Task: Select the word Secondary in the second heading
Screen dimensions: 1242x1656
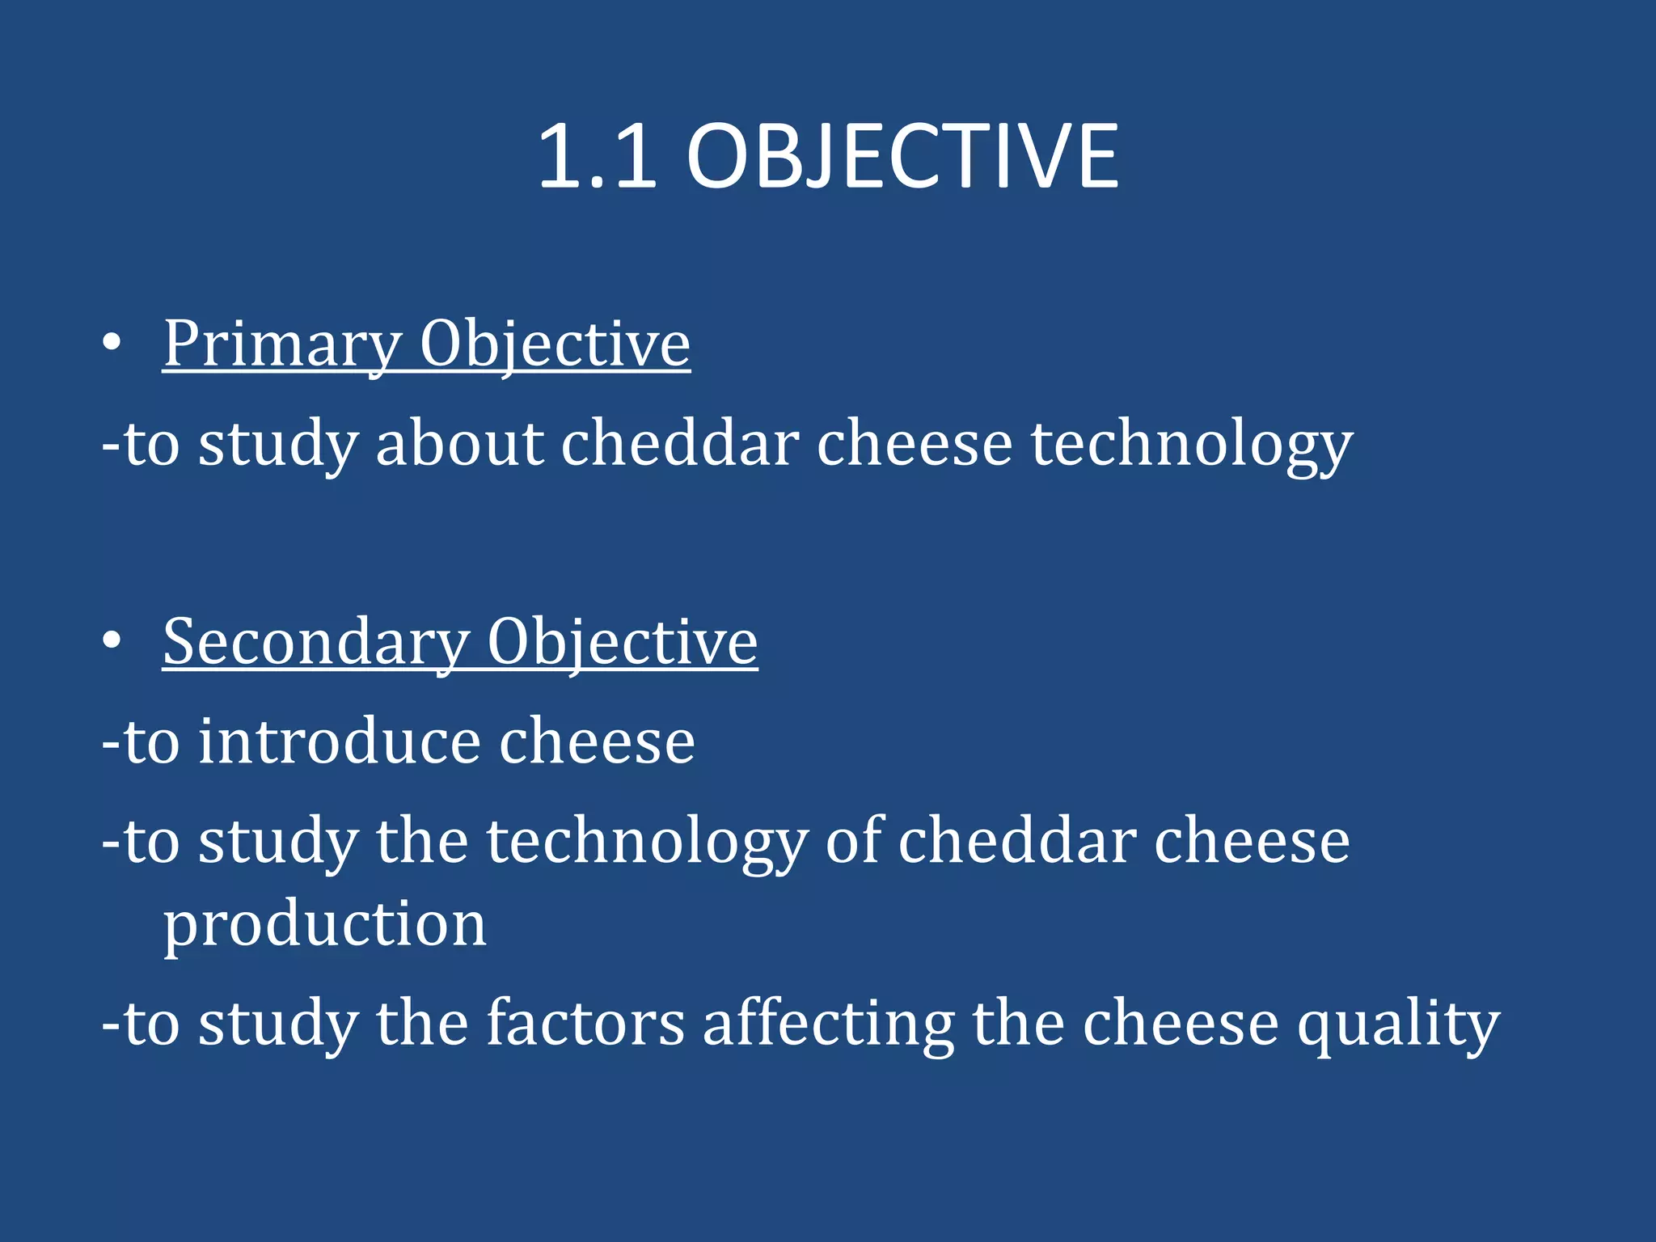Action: click(x=315, y=642)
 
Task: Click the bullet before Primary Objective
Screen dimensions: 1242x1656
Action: click(x=112, y=344)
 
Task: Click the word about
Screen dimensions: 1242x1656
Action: click(x=460, y=444)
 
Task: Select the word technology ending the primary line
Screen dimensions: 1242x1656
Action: click(x=1191, y=444)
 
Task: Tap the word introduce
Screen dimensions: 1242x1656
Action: click(x=340, y=741)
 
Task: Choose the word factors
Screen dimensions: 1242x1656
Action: click(x=585, y=1023)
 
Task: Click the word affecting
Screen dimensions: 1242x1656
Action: click(x=829, y=1023)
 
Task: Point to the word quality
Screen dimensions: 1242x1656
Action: click(x=1398, y=1023)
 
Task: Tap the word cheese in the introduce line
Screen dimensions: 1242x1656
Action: click(x=597, y=741)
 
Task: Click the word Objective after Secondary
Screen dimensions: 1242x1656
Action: click(x=622, y=642)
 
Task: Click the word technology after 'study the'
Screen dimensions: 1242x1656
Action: click(x=646, y=841)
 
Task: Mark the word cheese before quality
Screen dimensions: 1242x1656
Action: click(x=1181, y=1023)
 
